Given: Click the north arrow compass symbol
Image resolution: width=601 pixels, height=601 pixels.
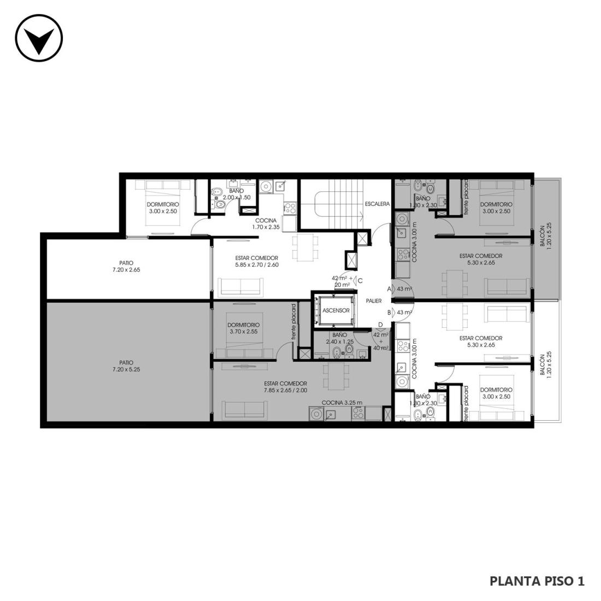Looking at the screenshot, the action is point(39,38).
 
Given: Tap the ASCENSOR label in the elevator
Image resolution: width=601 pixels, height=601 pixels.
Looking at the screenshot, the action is point(336,310).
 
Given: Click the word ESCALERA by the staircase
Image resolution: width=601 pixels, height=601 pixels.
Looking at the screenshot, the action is point(377,204).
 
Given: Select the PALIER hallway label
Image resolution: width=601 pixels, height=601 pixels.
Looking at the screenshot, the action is point(374,301).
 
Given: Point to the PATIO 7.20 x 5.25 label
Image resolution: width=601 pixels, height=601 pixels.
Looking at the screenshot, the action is point(126,366).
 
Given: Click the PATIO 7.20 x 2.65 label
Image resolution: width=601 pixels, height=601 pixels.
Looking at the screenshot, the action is point(126,267).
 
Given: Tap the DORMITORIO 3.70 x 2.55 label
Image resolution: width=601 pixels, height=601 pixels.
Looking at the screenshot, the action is point(243,328).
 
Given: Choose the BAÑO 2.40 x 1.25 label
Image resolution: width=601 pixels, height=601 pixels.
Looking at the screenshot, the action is point(340,338).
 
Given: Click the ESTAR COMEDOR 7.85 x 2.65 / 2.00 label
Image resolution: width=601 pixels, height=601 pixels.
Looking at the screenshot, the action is point(286,387).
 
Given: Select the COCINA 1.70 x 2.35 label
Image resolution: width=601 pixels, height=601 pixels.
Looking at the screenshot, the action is point(266,224).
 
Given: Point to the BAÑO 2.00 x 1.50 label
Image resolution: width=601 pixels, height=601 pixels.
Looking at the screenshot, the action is point(237,194).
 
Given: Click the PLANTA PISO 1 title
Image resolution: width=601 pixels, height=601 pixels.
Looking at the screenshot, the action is point(537,581).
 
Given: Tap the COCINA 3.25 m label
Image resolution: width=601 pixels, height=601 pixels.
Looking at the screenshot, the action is point(342,403).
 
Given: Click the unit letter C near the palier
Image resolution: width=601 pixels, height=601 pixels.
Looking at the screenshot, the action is point(360,281).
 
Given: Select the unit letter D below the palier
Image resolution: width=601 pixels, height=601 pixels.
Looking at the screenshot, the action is point(380,325).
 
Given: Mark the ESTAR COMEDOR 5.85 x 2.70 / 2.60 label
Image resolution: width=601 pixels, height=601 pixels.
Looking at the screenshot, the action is point(257,261).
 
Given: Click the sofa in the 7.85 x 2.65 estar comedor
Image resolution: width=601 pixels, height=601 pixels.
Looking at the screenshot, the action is point(245,410).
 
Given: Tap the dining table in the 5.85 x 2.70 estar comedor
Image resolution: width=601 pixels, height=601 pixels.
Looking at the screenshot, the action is point(305,248).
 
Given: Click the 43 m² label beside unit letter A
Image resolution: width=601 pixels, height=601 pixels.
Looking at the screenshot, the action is point(404,288).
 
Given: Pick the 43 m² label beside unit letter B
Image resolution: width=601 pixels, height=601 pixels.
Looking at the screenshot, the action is point(404,313).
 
